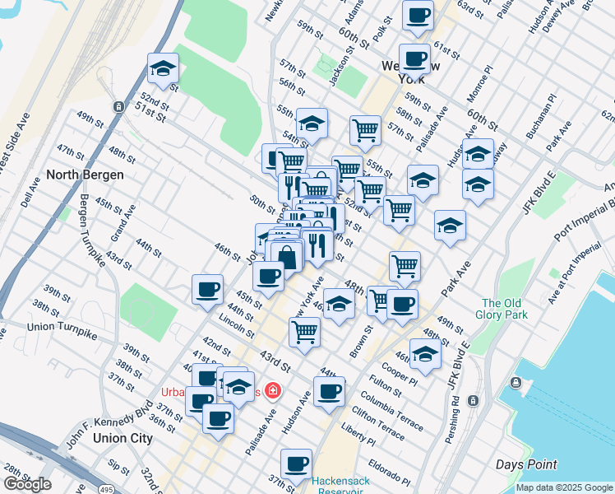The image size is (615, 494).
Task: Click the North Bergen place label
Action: point(86,175)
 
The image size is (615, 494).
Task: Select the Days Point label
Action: point(525,465)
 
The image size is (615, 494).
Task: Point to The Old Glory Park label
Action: point(502,308)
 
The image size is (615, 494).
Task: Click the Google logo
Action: point(27,484)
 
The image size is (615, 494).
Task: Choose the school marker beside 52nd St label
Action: point(163,70)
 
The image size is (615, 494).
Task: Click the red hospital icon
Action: point(271,392)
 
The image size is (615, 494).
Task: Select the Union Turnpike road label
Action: point(62,332)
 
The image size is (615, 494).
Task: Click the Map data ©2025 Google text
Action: point(563,487)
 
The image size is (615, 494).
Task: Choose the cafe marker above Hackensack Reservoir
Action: point(296,464)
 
